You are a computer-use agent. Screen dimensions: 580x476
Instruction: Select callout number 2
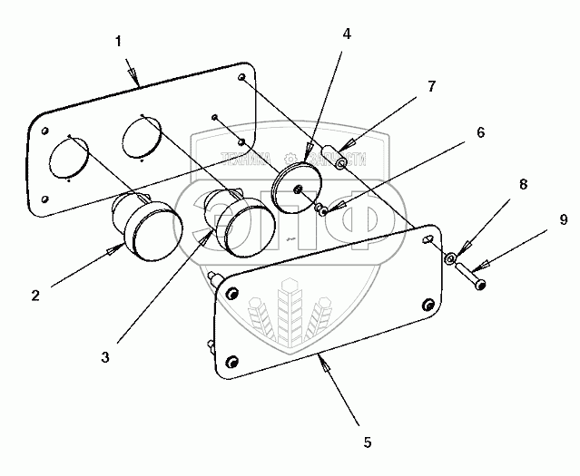point(34,294)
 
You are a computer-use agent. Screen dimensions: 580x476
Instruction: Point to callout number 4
point(347,34)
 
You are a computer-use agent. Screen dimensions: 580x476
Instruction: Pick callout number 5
point(366,442)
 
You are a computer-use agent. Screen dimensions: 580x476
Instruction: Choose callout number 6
point(480,132)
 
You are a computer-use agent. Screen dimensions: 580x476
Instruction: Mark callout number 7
point(432,87)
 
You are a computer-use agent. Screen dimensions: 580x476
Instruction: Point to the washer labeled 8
point(451,259)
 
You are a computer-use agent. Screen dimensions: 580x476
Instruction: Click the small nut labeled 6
point(321,210)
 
